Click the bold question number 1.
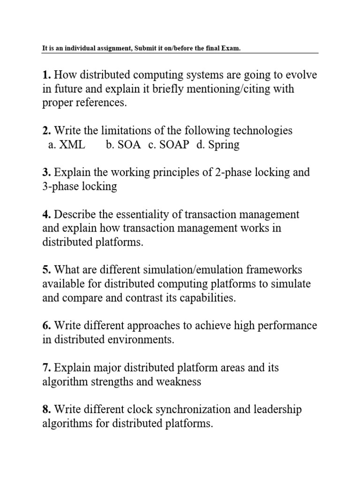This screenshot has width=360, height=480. [46, 75]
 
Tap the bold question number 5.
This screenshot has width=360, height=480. [46, 270]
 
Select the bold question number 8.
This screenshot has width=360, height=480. [46, 410]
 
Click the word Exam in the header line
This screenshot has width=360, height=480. [232, 49]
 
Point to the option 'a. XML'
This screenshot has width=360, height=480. [67, 145]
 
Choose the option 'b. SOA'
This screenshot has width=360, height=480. [123, 145]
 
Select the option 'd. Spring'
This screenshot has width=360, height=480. [218, 145]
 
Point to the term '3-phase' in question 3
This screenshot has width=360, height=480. [59, 187]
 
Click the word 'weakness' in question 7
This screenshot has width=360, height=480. [180, 382]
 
